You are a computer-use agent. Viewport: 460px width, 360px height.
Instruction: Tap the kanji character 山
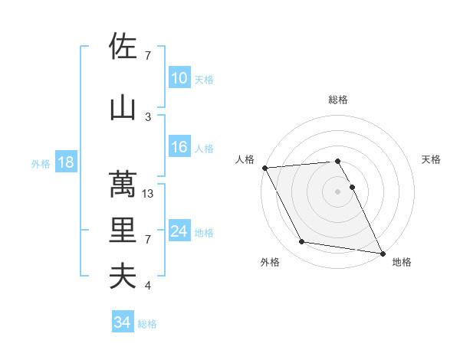click(x=123, y=108)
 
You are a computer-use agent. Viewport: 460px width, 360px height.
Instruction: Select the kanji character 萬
click(x=123, y=185)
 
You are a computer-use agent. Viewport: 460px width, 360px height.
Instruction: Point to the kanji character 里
click(x=123, y=231)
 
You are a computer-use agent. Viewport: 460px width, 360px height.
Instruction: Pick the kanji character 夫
click(x=123, y=277)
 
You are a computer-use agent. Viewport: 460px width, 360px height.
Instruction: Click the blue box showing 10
click(x=179, y=78)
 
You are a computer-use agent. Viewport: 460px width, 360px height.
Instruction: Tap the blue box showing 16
click(x=179, y=147)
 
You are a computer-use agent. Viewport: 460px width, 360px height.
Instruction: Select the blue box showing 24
click(x=179, y=231)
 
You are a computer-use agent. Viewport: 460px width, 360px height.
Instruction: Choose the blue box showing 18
click(x=65, y=162)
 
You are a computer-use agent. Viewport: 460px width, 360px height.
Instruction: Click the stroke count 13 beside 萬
click(x=149, y=194)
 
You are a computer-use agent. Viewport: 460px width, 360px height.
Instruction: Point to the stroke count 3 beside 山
click(x=148, y=117)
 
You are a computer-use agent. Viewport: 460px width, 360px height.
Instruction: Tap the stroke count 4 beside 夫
click(x=148, y=286)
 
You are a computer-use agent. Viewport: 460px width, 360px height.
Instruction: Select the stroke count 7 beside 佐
click(x=148, y=56)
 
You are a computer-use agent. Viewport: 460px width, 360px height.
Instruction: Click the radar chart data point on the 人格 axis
click(x=264, y=168)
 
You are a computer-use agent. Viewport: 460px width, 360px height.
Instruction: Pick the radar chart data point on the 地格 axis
click(x=383, y=253)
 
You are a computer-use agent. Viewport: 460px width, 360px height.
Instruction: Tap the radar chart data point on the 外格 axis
click(x=302, y=242)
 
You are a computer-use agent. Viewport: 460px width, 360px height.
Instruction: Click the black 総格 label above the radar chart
click(x=338, y=100)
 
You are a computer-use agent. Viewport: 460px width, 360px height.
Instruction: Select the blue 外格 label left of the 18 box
click(x=40, y=163)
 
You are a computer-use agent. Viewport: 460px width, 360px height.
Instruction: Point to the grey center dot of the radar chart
click(x=338, y=191)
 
